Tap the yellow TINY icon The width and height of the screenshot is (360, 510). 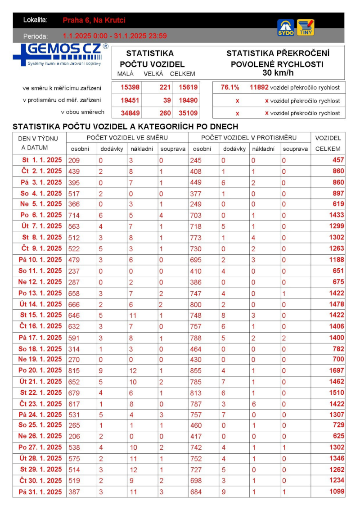click(x=306, y=27)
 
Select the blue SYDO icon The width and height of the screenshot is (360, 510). click(x=286, y=27)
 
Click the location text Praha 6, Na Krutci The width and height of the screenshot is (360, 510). click(x=94, y=20)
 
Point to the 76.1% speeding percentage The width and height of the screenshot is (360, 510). click(x=230, y=88)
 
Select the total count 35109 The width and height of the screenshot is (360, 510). click(x=187, y=113)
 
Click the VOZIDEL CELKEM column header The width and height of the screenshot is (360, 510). click(x=328, y=143)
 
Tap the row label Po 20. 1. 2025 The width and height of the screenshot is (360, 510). click(x=42, y=370)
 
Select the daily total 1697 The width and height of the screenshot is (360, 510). click(x=336, y=370)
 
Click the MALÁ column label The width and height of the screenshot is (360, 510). click(x=125, y=74)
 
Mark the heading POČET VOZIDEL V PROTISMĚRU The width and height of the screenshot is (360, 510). click(x=249, y=137)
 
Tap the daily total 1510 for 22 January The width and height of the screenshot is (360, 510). click(x=336, y=393)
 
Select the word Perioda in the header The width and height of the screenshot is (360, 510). click(x=36, y=36)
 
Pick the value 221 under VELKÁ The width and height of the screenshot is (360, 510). click(x=165, y=88)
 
